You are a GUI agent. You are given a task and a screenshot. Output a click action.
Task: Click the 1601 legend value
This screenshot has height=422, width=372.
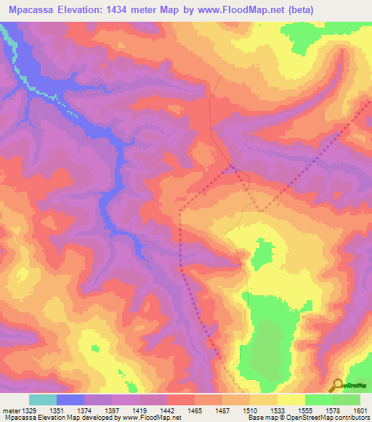click(361, 410)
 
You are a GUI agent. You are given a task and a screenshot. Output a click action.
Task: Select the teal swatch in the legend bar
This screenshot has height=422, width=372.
click(43, 400)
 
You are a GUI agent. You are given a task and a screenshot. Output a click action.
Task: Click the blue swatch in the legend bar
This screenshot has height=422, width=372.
click(70, 400)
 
